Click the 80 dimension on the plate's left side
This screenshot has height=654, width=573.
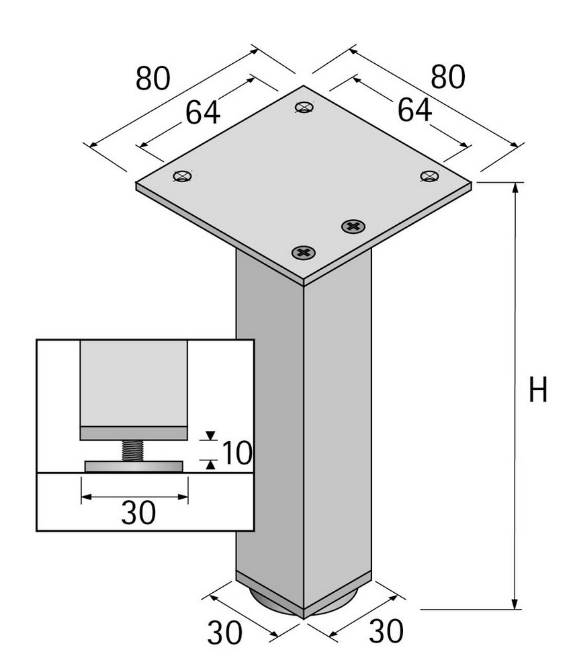pos(153,78)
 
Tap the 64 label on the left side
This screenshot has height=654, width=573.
pos(203,113)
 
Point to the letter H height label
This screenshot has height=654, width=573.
pos(538,391)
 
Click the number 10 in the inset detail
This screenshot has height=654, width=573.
pos(236,454)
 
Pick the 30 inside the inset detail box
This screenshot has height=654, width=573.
pos(138,514)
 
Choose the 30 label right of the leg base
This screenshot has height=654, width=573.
pos(386,632)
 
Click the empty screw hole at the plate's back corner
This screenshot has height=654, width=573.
pos(304,107)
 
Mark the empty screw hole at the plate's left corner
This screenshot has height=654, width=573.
pos(183,177)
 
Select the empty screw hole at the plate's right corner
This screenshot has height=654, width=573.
pos(429,176)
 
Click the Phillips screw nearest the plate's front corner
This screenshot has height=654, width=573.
pos(304,253)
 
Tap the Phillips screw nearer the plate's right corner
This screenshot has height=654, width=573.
pos(353,226)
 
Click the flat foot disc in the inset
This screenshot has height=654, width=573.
pos(134,466)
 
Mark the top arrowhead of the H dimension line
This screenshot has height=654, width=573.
pos(515,188)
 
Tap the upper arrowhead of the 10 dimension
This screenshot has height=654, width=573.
pos(210,436)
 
